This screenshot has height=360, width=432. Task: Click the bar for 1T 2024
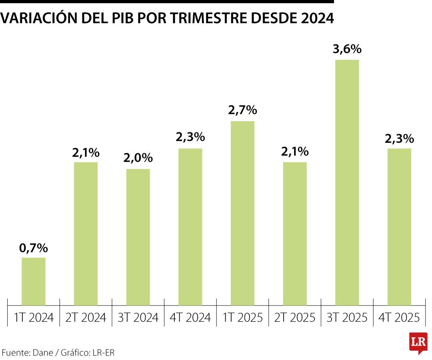(34, 282)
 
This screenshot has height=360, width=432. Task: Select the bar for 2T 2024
(86, 234)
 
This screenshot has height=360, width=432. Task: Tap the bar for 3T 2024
(138, 237)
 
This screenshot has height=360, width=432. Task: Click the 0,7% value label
(34, 248)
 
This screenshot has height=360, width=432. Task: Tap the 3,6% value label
(347, 50)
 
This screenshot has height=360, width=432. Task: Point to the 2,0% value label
(138, 158)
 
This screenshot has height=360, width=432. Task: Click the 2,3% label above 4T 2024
(190, 138)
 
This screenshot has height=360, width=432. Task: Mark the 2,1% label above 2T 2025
(295, 152)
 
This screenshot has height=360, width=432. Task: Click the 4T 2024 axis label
(190, 318)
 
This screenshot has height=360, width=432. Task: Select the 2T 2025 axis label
(295, 318)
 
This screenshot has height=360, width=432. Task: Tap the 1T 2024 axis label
(34, 318)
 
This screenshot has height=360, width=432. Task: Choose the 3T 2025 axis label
(347, 318)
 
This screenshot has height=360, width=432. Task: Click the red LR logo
(418, 342)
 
